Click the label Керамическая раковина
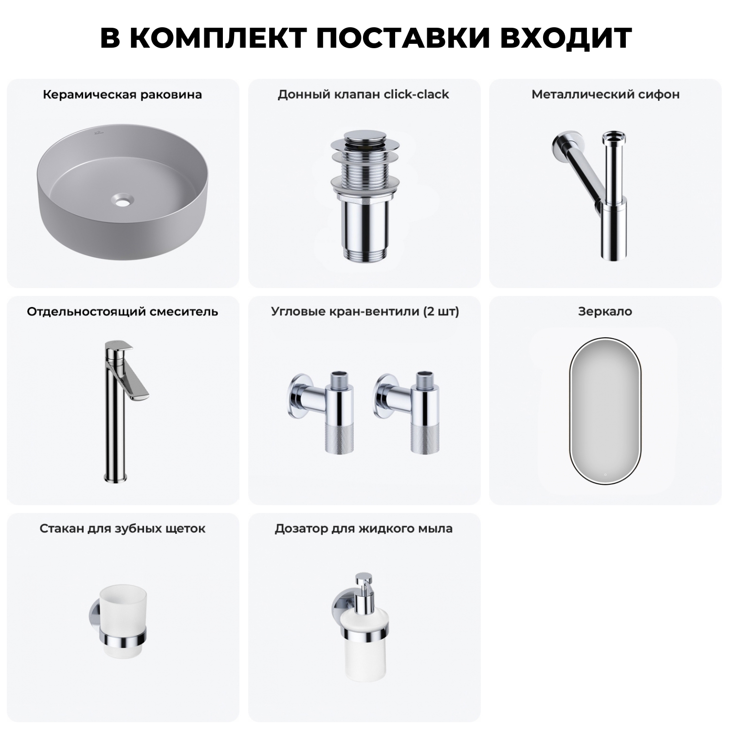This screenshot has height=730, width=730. tap(122, 94)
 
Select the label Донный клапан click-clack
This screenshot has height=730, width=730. tap(363, 94)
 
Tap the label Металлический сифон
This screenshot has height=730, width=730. tap(605, 94)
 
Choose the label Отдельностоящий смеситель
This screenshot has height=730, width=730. tap(122, 311)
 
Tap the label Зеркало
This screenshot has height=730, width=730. tap(605, 311)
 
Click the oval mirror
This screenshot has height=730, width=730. tap(606, 410)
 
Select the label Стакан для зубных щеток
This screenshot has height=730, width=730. tap(122, 529)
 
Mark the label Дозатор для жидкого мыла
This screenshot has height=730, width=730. tap(364, 529)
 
